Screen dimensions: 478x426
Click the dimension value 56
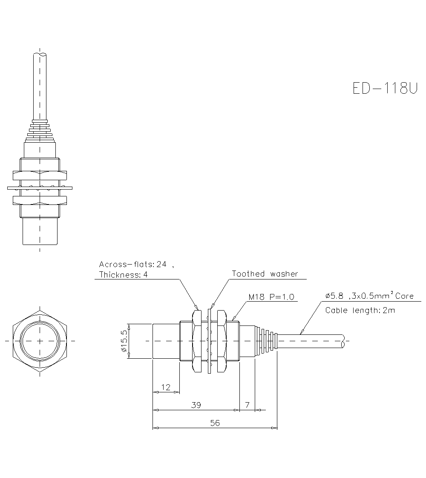[215, 423]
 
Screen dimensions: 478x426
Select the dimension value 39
[196, 405]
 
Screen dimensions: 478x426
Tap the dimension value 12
[166, 387]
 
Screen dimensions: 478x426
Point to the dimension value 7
[248, 405]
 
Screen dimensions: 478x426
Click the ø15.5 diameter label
[124, 341]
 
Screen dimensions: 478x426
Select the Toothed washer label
[265, 274]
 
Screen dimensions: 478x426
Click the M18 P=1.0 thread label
[272, 297]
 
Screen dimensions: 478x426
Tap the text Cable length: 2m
[360, 310]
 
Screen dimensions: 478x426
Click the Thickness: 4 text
[123, 275]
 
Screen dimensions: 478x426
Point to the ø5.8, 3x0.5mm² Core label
[369, 296]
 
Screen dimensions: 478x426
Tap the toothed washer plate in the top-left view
[40, 187]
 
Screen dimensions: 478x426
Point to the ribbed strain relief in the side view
[266, 341]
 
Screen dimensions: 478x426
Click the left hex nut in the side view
[196, 341]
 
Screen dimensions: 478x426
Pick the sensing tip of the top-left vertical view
[40, 232]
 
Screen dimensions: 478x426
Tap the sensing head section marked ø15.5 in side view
[166, 341]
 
